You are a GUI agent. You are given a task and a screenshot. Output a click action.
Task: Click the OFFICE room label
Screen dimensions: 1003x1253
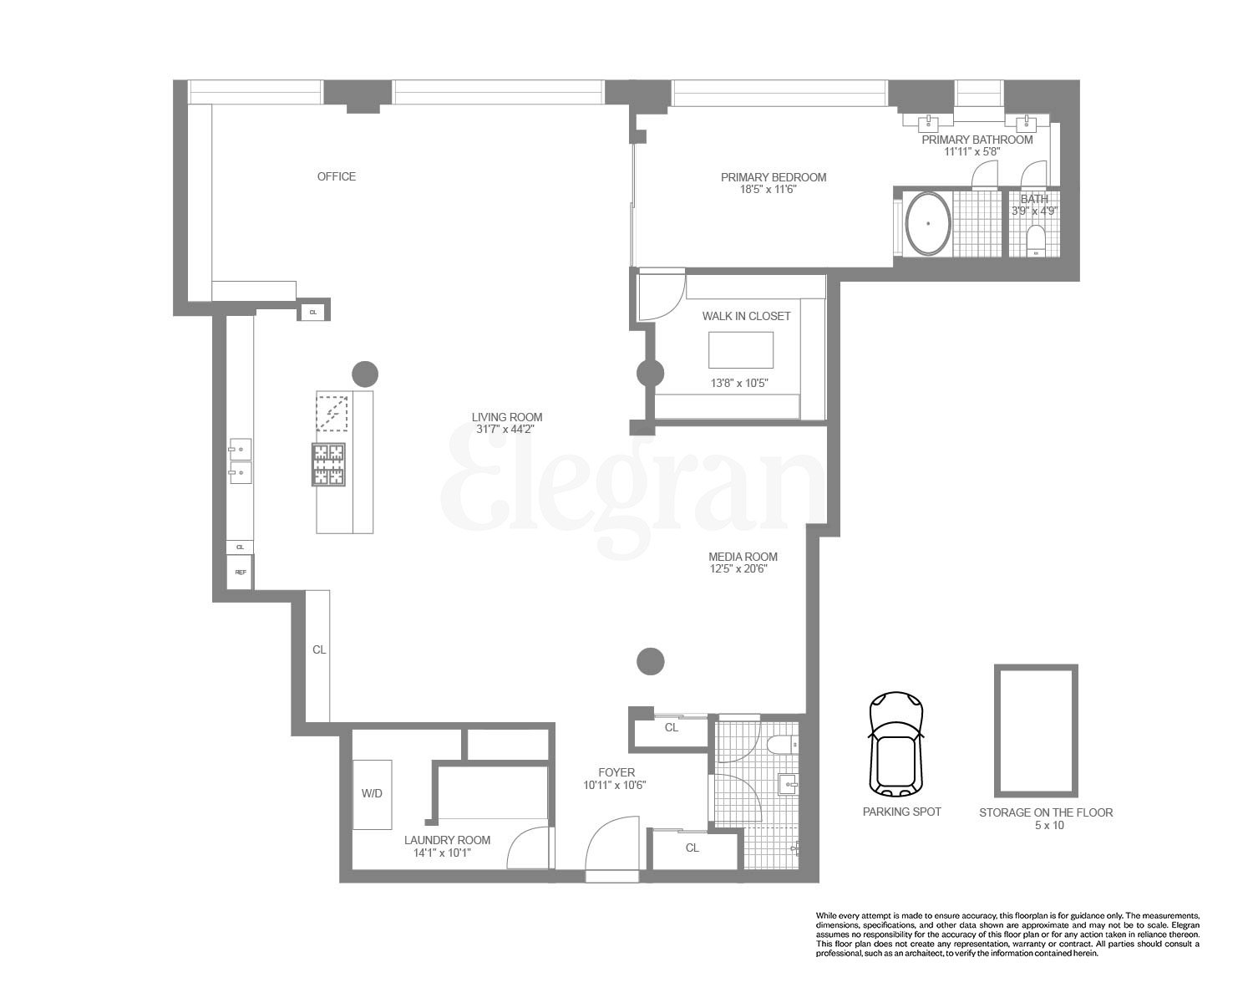[336, 176]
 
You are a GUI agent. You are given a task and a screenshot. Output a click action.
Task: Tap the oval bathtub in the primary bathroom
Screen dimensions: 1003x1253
[928, 224]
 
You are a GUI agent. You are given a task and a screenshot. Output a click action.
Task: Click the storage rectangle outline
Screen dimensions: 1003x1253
[1035, 731]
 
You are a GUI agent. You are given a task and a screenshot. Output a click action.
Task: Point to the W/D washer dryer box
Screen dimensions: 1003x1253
[372, 794]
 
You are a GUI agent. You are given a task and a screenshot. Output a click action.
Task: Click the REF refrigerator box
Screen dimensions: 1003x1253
[240, 573]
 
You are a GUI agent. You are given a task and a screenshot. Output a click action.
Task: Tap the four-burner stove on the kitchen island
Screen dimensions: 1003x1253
[328, 465]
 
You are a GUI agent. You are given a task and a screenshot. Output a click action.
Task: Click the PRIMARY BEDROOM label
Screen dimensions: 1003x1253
[774, 177]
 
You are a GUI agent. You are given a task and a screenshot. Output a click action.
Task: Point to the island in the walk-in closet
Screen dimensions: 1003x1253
[741, 349]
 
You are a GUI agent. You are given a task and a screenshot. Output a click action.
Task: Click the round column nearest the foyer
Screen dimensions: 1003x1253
[651, 661]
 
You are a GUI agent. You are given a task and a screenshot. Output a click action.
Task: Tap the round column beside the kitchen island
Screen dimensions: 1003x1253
[365, 374]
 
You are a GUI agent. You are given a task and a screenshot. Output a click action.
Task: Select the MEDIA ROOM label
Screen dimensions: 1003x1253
[743, 557]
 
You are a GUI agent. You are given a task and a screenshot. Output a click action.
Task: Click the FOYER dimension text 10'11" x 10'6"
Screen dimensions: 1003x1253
[616, 786]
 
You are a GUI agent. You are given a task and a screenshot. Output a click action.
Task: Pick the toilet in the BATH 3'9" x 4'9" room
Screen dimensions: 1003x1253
[1036, 240]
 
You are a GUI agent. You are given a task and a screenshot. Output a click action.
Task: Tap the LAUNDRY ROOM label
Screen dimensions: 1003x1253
[447, 840]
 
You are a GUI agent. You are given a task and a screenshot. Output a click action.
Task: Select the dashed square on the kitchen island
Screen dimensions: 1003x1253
[332, 412]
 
